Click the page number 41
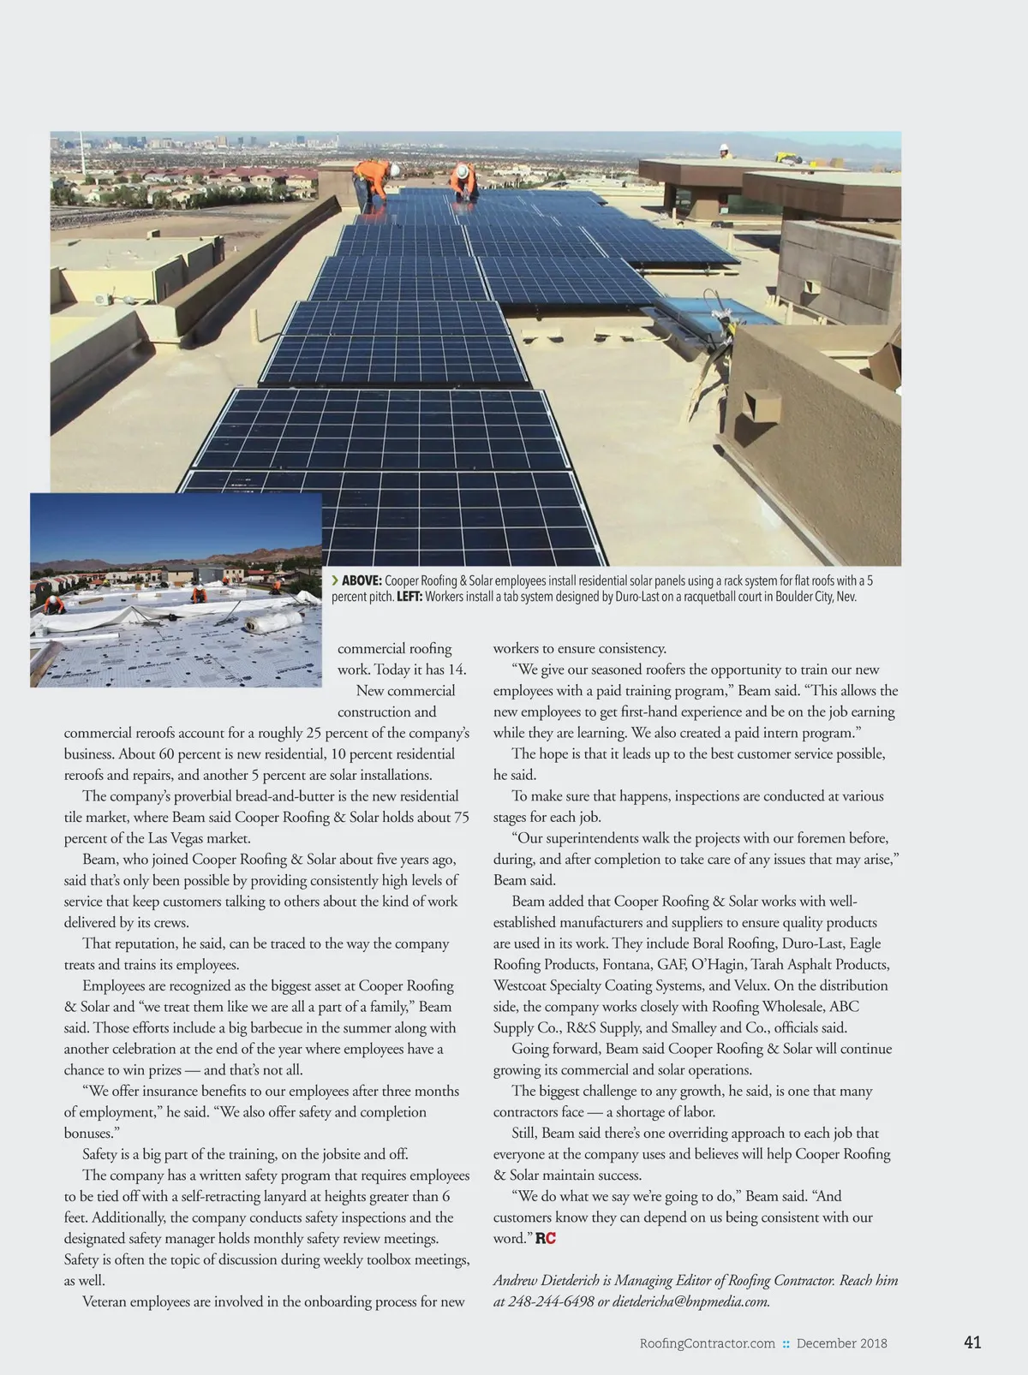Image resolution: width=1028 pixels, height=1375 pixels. click(971, 1342)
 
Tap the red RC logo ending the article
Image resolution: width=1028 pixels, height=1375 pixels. click(546, 1238)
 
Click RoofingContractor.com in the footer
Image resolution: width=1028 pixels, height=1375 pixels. click(707, 1343)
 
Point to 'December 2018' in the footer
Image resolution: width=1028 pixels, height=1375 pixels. click(841, 1343)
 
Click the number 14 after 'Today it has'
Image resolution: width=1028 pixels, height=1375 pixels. click(457, 670)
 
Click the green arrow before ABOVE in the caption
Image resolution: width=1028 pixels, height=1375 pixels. click(334, 581)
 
